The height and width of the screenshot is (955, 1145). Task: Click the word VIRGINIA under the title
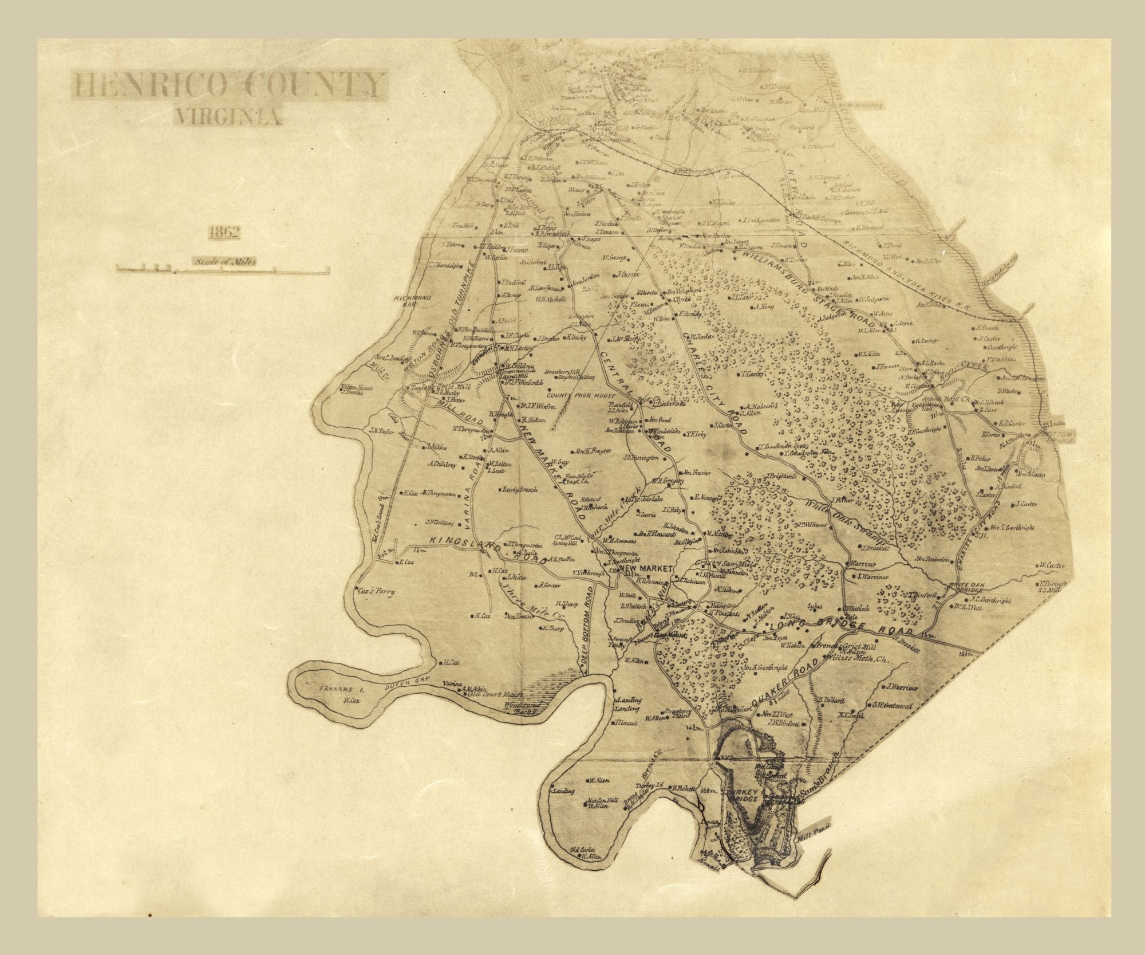point(228,117)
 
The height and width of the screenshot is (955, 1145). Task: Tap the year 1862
point(224,232)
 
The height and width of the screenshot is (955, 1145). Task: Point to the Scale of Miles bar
point(223,268)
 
